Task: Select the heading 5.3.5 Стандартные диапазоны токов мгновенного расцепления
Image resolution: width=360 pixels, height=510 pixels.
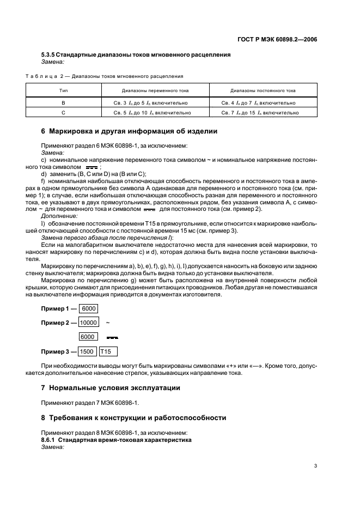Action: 136,54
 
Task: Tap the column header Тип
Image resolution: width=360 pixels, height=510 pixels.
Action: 63,90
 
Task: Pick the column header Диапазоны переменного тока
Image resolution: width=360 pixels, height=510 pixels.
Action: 154,90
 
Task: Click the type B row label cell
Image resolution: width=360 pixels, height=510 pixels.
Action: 63,102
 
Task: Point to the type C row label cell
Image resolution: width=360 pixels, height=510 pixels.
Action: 63,113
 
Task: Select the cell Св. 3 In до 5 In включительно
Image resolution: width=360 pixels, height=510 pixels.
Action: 154,102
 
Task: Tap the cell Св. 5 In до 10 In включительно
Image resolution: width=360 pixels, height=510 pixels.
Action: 154,113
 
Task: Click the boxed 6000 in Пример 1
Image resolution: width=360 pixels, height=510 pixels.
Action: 89,308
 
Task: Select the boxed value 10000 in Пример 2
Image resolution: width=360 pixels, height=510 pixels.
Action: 88,323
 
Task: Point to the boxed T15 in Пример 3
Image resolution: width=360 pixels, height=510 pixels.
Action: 108,351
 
